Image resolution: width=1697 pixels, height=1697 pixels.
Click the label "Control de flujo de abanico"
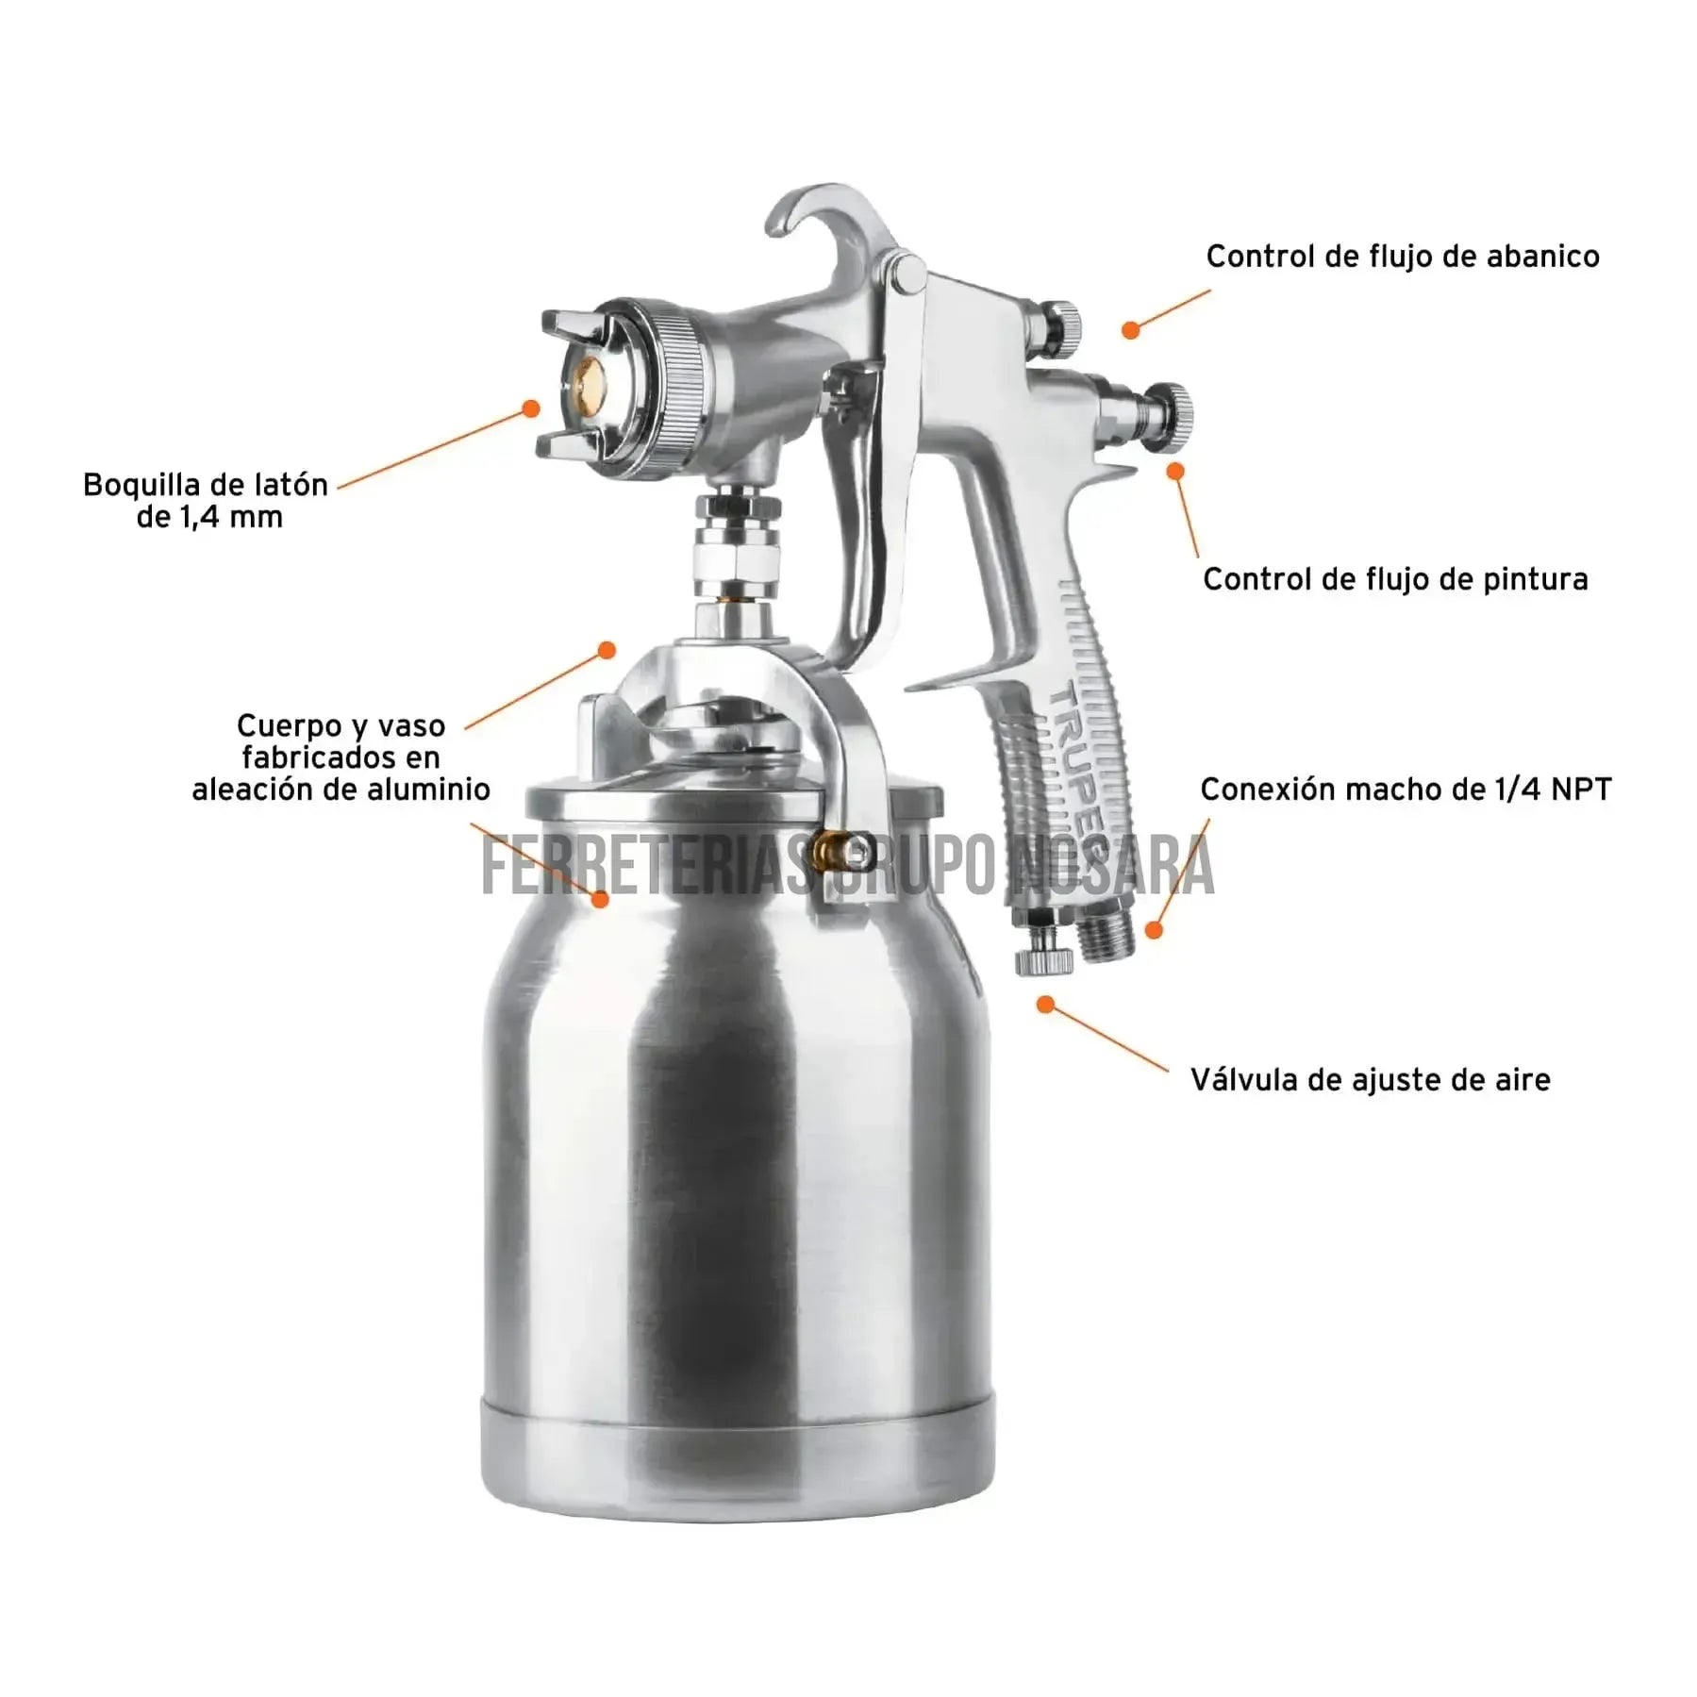tap(1403, 257)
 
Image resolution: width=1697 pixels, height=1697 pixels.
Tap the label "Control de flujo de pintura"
tap(1395, 579)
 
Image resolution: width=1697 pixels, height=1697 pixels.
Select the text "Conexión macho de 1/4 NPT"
tap(1406, 789)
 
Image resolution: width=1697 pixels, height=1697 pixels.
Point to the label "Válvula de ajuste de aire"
tap(1371, 1080)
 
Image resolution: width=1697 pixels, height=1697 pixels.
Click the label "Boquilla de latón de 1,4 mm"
tap(207, 501)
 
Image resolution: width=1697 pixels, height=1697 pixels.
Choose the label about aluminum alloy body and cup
tap(341, 757)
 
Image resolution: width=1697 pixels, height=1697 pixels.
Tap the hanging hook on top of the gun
tap(819, 226)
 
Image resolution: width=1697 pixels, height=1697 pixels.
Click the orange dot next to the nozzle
tap(531, 408)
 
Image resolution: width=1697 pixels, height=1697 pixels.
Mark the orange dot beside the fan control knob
tap(1130, 330)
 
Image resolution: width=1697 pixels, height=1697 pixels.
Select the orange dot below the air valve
tap(1045, 1005)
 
